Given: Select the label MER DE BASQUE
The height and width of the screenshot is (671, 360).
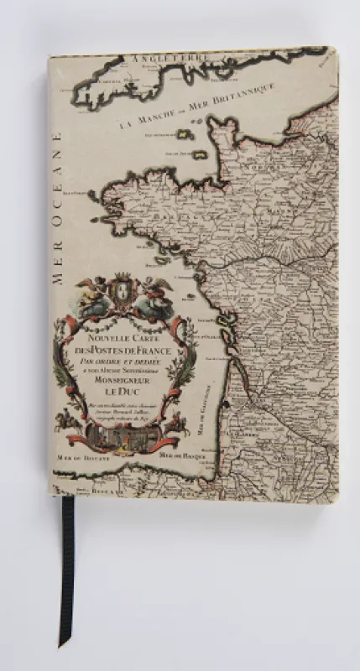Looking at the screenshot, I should pyautogui.click(x=181, y=454).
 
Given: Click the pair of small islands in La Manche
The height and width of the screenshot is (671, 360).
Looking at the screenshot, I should pyautogui.click(x=191, y=144).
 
